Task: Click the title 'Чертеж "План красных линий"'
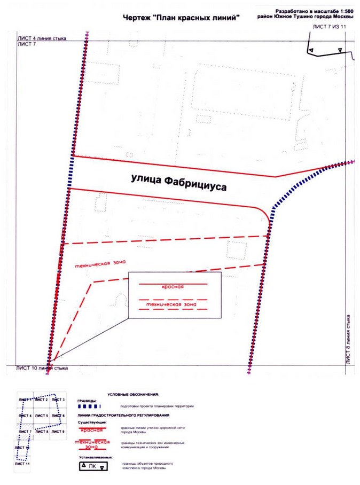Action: pos(181,18)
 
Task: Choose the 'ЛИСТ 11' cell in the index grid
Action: pos(24,464)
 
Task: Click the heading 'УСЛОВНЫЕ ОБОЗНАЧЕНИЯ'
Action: pos(133,394)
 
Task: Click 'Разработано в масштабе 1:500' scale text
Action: pos(314,11)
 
